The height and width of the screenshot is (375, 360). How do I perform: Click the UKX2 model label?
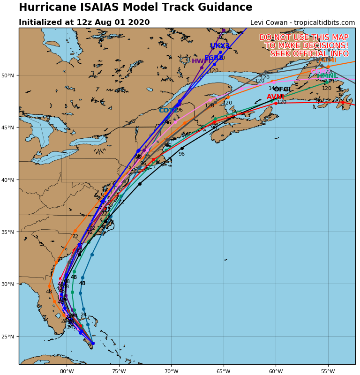[220, 46]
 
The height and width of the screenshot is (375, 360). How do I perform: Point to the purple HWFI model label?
[201, 61]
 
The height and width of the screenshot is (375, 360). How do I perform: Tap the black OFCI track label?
[282, 90]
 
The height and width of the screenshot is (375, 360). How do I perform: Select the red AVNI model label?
[275, 97]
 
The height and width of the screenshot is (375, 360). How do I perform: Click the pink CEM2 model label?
[320, 72]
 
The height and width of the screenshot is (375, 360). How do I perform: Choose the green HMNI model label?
[326, 76]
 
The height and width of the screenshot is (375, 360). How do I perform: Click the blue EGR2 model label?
[213, 58]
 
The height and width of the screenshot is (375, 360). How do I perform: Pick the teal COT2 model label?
[168, 111]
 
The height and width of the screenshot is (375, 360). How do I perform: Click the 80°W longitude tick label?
[67, 371]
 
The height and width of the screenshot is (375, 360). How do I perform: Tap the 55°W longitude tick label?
[328, 371]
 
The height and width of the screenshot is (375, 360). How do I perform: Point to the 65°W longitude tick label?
[223, 371]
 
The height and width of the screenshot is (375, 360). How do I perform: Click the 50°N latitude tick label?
[9, 75]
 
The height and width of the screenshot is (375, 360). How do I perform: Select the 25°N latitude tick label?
[9, 337]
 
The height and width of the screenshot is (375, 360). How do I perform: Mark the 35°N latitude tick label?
[9, 232]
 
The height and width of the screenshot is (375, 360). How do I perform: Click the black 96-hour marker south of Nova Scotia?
[182, 148]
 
